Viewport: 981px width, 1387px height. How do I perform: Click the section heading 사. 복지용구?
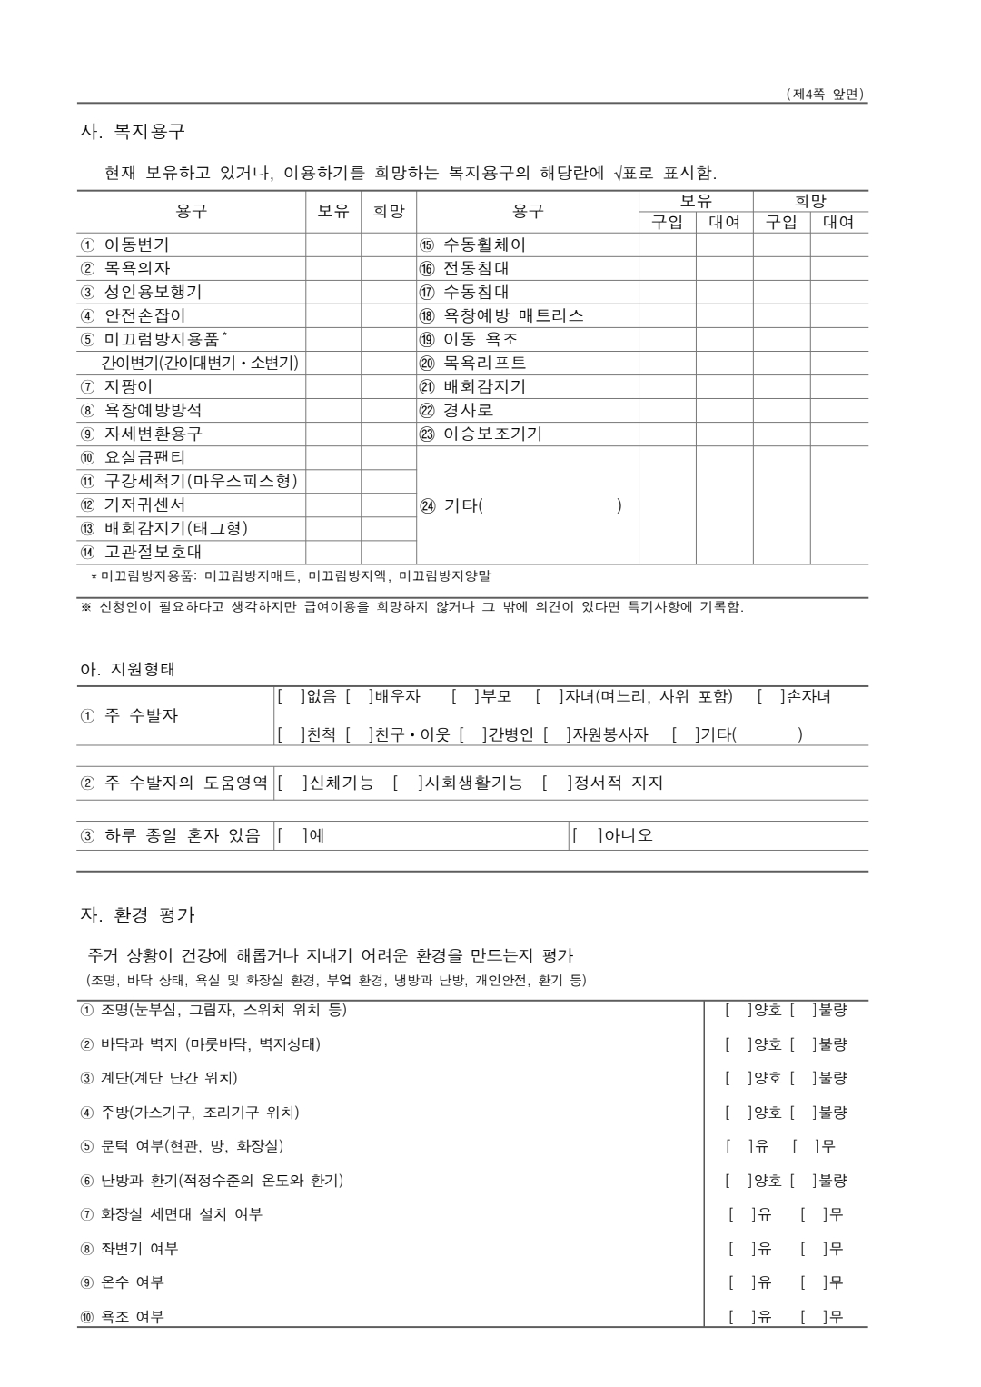(x=133, y=131)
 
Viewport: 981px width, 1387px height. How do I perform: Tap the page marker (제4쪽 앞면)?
(x=825, y=94)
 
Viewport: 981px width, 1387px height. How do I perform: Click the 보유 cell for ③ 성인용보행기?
(x=333, y=292)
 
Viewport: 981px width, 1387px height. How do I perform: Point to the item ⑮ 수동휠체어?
(x=472, y=244)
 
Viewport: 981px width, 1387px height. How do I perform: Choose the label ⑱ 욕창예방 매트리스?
(x=501, y=315)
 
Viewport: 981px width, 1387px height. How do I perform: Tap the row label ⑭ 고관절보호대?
(x=142, y=552)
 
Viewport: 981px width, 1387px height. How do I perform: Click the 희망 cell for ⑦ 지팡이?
(x=389, y=386)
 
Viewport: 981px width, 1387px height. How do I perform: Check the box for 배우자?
(x=359, y=697)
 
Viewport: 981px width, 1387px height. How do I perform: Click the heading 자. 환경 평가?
(x=138, y=914)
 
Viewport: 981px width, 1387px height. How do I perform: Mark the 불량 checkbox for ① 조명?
(x=800, y=1010)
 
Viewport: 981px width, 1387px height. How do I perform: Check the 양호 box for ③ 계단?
(x=736, y=1078)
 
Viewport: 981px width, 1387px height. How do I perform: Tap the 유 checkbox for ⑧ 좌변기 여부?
(x=740, y=1249)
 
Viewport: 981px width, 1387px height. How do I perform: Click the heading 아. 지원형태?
(x=128, y=669)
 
